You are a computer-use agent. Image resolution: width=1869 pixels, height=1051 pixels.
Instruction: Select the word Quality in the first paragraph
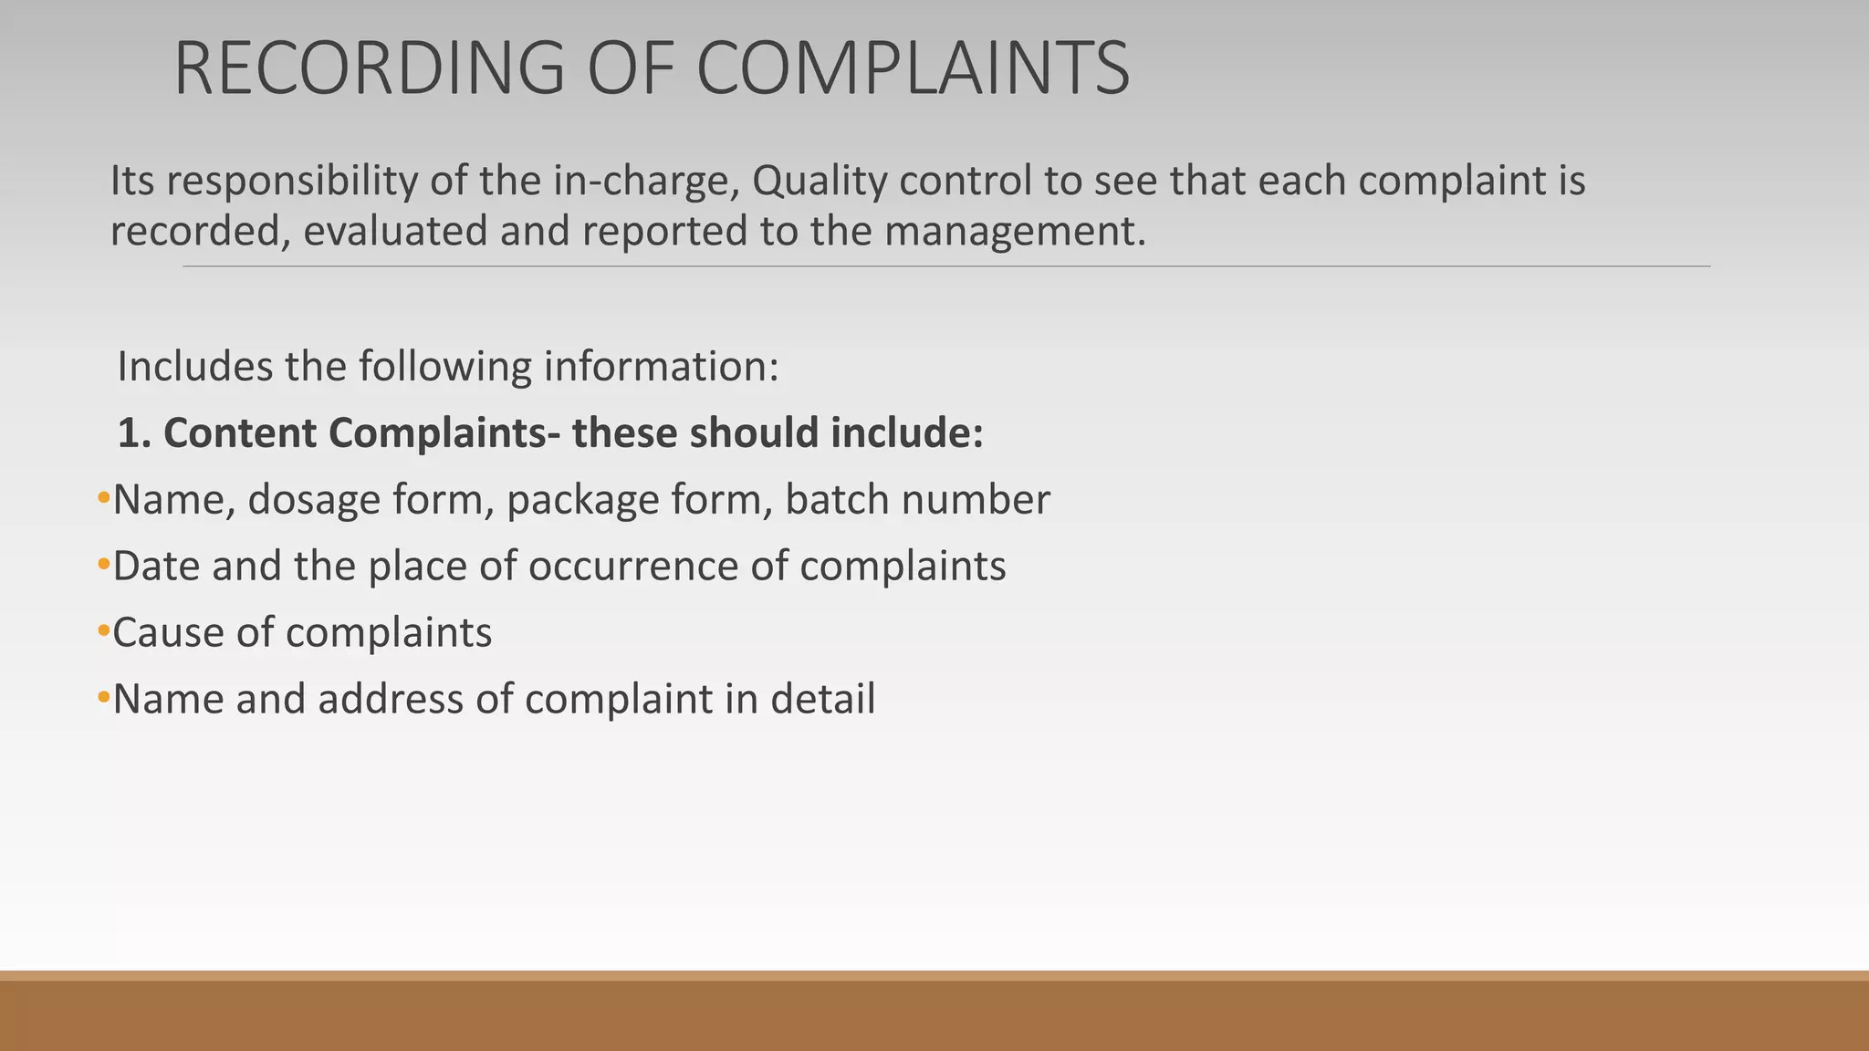coord(819,181)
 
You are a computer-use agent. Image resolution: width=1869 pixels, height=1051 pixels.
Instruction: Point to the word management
coord(1014,232)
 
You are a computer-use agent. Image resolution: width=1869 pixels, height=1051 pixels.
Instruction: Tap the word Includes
coord(194,367)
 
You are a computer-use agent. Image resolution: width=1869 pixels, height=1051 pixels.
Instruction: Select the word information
coord(661,367)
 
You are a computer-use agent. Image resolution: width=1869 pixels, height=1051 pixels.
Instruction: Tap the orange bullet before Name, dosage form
coord(103,498)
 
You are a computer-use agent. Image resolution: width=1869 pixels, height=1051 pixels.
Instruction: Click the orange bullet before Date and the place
coord(103,565)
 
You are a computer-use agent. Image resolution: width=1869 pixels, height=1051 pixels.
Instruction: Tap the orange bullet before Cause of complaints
coord(103,631)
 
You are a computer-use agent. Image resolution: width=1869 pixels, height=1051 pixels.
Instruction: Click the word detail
coord(822,700)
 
